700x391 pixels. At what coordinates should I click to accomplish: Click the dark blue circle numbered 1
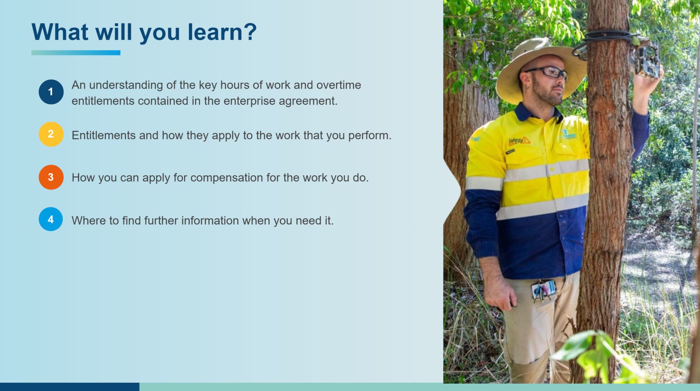coord(51,92)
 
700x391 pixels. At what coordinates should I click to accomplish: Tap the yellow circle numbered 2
coord(51,134)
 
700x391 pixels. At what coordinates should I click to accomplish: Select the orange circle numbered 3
coord(51,177)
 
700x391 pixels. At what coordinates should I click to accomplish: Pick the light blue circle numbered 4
coord(51,219)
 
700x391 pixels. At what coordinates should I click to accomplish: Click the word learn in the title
coord(215,32)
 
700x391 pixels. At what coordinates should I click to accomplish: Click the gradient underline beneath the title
coord(76,53)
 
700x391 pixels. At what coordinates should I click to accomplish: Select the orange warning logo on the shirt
coord(519,140)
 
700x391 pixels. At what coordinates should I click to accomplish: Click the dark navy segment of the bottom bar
coord(70,387)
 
